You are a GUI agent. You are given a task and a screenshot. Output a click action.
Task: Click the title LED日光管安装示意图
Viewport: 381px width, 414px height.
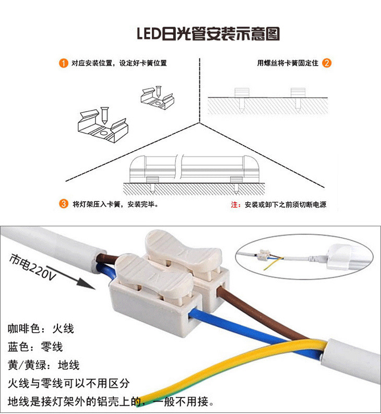pos(208,34)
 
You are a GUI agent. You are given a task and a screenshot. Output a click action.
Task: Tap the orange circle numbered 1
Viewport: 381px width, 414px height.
pos(63,63)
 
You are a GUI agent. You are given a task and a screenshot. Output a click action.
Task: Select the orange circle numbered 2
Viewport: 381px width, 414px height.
pos(327,63)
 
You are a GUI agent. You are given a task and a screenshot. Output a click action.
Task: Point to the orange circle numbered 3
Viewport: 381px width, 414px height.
pos(63,204)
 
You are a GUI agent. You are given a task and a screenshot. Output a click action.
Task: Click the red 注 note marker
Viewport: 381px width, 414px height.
pos(234,204)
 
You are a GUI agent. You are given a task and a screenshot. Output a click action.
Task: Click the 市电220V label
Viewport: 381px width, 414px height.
pos(32,267)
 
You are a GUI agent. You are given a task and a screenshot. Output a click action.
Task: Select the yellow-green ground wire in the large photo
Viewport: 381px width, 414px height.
pos(232,370)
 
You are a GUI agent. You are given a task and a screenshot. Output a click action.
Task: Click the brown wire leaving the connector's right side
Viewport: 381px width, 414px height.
pos(261,314)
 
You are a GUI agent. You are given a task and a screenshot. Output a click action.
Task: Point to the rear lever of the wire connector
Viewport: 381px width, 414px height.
pos(183,250)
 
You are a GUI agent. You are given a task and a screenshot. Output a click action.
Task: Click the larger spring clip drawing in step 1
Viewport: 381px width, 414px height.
pos(103,125)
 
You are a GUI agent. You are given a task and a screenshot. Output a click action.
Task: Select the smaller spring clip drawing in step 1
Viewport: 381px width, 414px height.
pos(158,97)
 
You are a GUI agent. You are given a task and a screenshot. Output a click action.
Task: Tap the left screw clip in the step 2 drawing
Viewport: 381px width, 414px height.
pos(242,99)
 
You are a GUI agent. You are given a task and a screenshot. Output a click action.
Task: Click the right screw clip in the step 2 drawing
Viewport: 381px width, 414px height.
pos(298,99)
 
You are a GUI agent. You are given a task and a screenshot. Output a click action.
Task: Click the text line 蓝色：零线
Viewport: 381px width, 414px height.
pos(35,347)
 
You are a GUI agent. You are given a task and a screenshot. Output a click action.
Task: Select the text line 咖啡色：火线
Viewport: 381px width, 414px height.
pos(41,328)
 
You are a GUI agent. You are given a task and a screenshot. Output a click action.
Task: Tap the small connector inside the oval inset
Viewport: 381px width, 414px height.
pos(264,255)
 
